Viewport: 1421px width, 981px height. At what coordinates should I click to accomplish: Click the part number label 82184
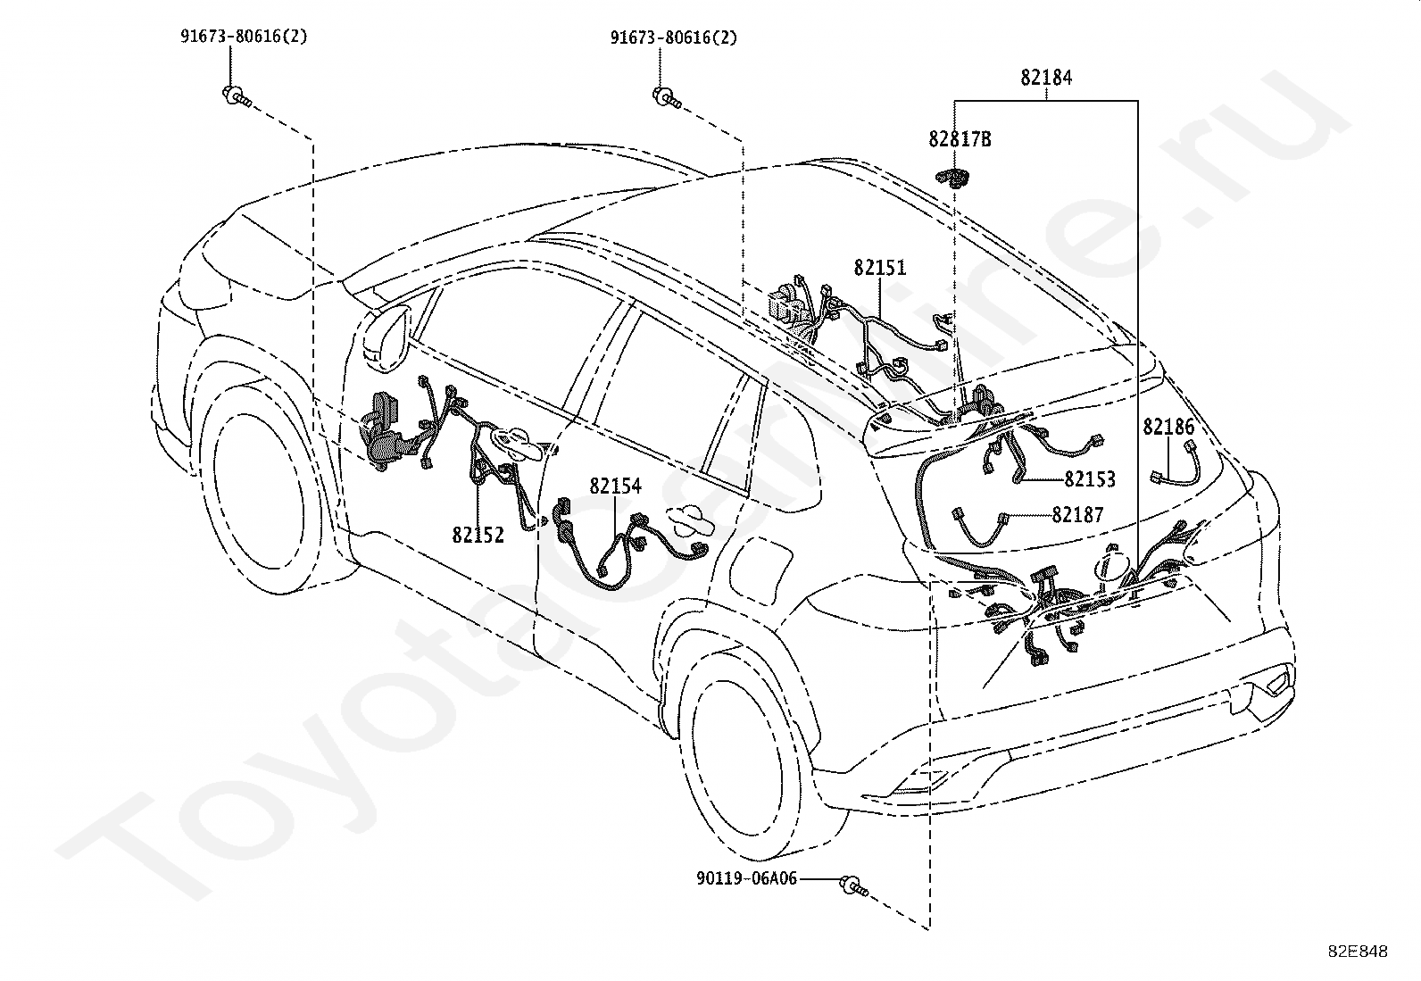[1046, 78]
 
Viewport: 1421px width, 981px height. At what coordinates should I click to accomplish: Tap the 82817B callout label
[960, 139]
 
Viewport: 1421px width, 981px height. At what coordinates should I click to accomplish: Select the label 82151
[880, 268]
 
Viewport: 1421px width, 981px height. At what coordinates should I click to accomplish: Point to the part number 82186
[1168, 427]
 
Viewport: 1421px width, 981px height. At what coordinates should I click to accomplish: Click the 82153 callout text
[1090, 479]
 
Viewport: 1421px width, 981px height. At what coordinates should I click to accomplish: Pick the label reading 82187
[1078, 515]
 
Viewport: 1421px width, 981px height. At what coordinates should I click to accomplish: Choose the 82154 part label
[615, 486]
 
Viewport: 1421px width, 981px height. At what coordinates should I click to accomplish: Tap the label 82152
[478, 535]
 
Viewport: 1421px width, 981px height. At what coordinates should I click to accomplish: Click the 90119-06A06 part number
[747, 879]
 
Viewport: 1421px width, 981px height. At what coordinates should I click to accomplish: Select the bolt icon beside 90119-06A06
[853, 885]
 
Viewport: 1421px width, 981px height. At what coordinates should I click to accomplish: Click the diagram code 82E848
[1358, 952]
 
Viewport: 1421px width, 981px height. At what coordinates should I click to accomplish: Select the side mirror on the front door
[386, 337]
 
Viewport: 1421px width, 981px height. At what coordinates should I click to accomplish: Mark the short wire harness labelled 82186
[1176, 463]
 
